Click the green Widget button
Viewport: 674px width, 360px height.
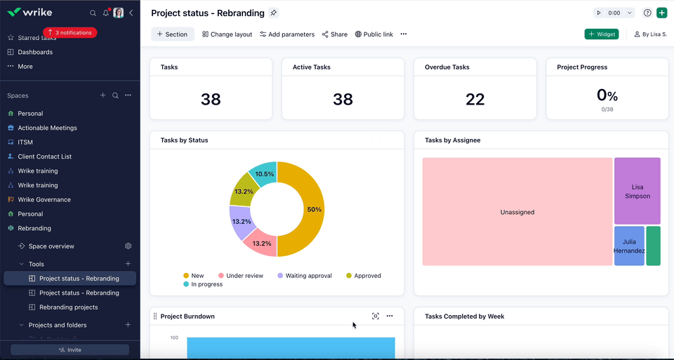(x=602, y=34)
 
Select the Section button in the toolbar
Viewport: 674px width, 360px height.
(x=172, y=34)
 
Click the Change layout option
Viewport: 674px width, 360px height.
(x=227, y=34)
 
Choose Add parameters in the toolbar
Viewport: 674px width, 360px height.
(x=286, y=34)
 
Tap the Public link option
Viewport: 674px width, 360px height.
(x=374, y=34)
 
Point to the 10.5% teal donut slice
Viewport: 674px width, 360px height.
(x=265, y=174)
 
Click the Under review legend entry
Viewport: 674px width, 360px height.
(x=240, y=276)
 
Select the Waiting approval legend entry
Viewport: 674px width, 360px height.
(x=305, y=276)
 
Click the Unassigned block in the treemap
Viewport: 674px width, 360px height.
(x=517, y=212)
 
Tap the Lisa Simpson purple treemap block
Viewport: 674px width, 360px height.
(x=637, y=192)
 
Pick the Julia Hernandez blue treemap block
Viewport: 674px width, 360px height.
(x=629, y=246)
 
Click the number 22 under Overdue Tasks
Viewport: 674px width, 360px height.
(x=475, y=100)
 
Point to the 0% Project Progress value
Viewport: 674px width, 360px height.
(x=607, y=95)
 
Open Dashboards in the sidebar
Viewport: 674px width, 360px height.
(x=35, y=52)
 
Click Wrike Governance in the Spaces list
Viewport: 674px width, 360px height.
(x=44, y=199)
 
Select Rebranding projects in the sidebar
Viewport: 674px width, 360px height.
(x=68, y=307)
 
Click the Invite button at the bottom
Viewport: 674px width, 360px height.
(x=70, y=349)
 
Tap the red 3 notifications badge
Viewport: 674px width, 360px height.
(x=70, y=32)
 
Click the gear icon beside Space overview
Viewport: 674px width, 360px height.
(x=128, y=246)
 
